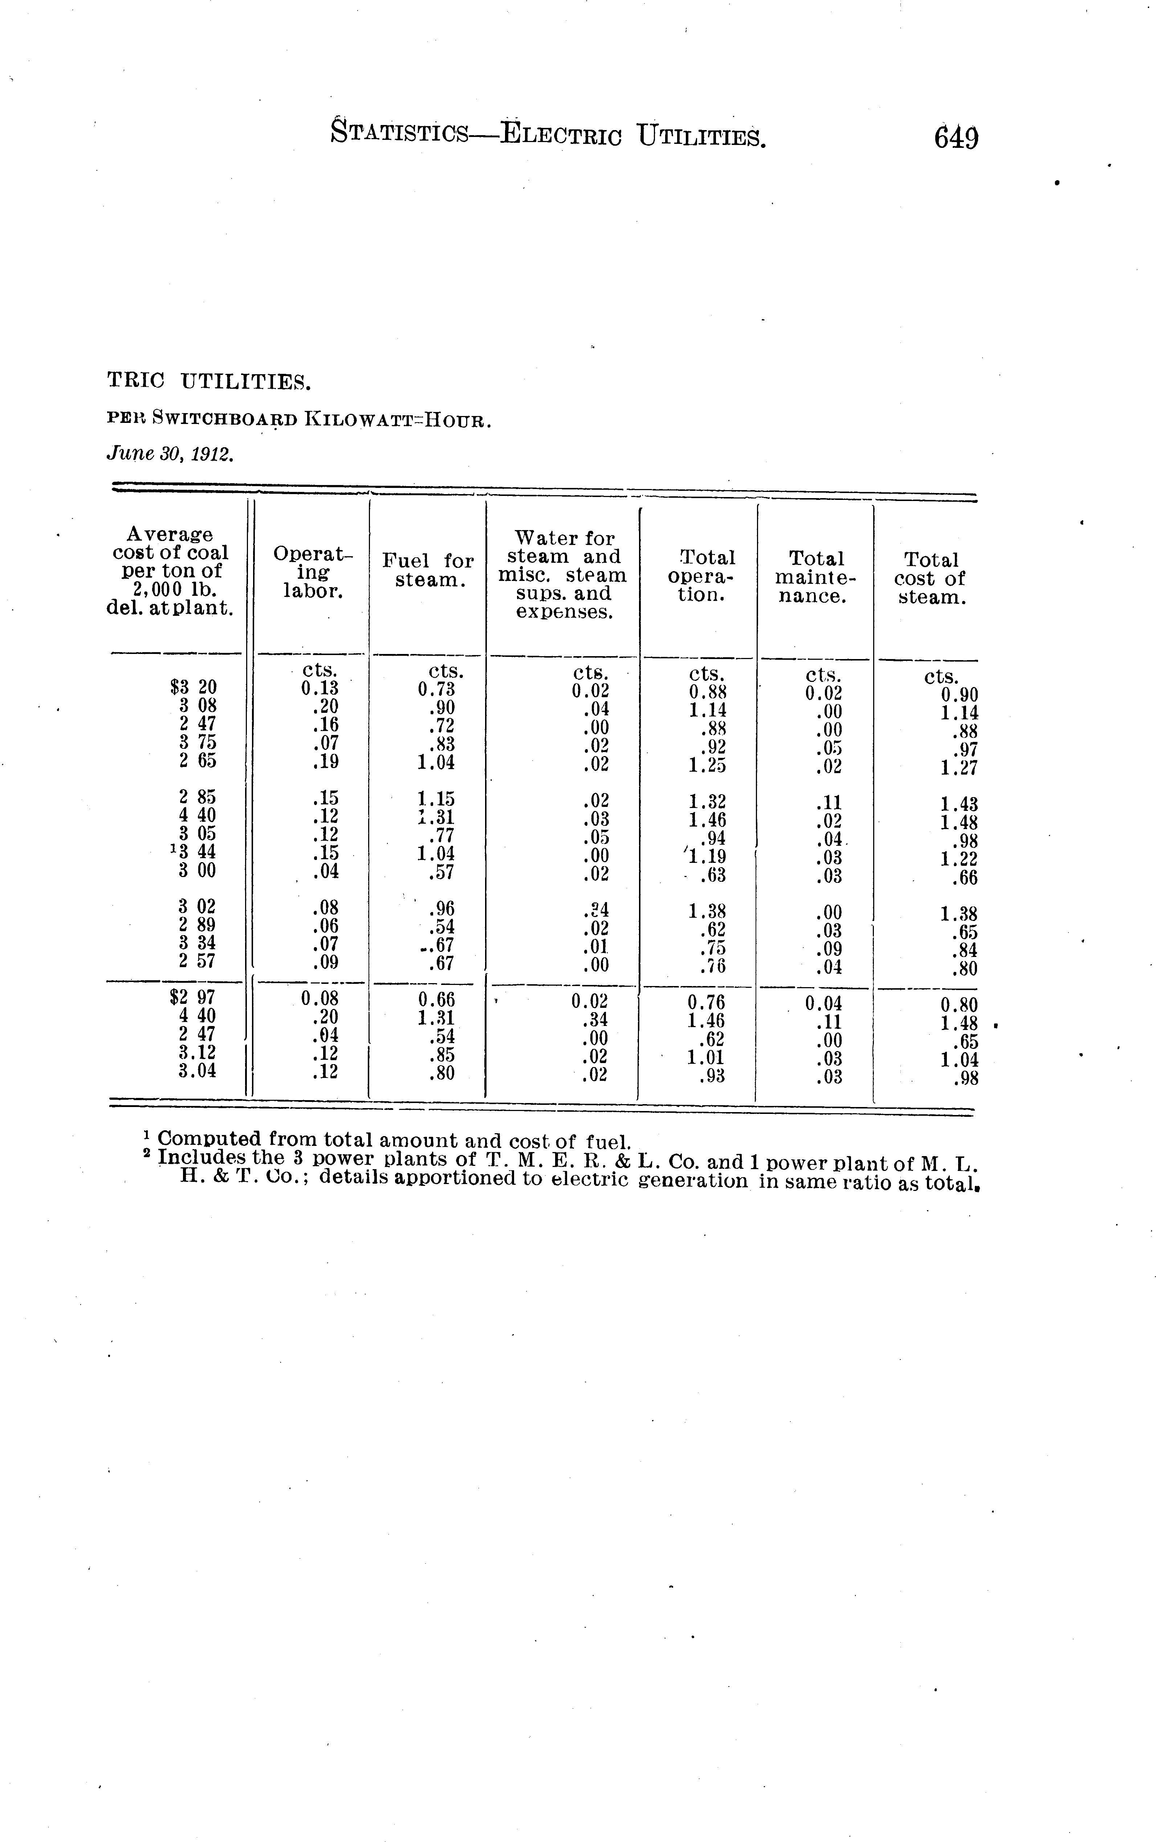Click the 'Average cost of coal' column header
click(x=171, y=571)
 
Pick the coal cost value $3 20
click(x=194, y=687)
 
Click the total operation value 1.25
click(x=707, y=765)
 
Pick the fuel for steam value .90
click(x=441, y=707)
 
